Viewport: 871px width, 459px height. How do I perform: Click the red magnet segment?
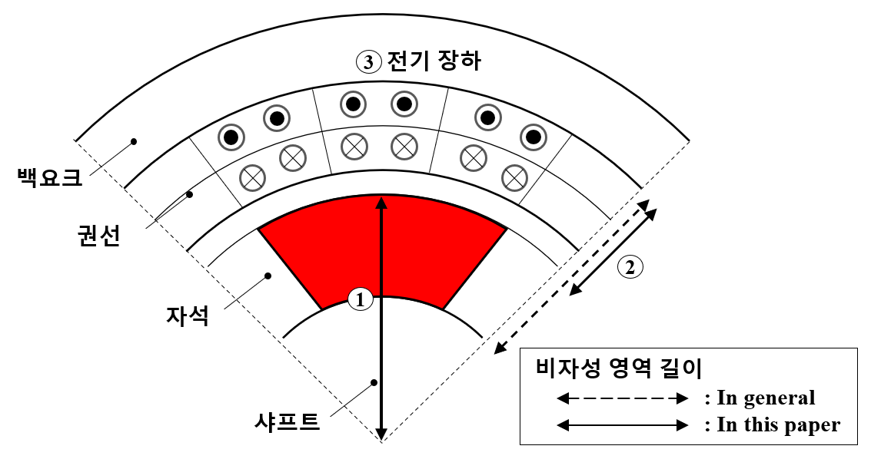383,249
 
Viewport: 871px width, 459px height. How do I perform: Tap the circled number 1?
361,300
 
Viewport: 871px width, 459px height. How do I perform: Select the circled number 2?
630,267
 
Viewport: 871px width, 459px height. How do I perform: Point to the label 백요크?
50,177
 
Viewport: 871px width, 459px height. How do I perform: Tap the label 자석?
188,315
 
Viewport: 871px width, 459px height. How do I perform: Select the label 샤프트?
287,421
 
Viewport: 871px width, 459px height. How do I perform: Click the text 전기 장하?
434,61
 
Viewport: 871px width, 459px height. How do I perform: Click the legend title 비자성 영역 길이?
620,368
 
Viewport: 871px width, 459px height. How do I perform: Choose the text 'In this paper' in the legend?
778,424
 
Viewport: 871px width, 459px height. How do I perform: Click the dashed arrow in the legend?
622,398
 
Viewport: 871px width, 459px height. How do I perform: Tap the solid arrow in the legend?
622,425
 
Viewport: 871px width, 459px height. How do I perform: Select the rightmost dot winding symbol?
534,137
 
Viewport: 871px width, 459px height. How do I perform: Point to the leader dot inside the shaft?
374,382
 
